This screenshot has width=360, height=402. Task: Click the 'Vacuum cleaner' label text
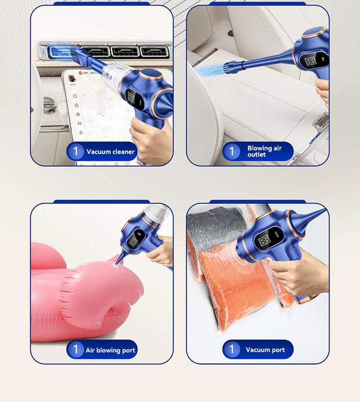coord(110,152)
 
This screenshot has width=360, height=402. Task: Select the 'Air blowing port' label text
coord(110,350)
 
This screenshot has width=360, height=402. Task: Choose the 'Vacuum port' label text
coord(265,350)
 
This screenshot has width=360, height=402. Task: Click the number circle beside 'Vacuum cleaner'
coord(75,152)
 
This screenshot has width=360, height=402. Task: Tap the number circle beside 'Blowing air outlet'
coord(232,151)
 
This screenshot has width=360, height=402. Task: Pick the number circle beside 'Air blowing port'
coord(75,350)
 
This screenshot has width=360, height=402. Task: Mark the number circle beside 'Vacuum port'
coord(232,350)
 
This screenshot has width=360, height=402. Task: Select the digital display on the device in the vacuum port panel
coord(264,241)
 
